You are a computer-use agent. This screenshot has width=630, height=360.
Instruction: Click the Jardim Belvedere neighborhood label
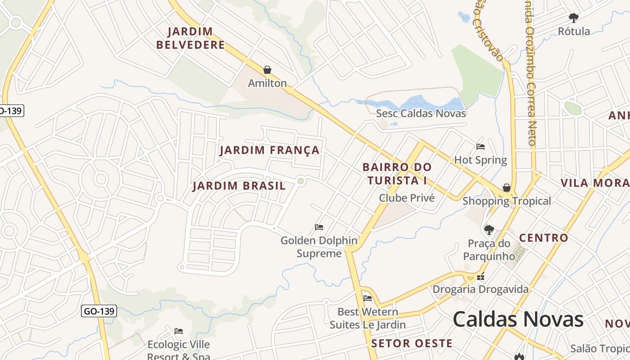pyautogui.click(x=190, y=38)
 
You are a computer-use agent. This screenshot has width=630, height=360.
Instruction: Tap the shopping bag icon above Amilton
pyautogui.click(x=267, y=70)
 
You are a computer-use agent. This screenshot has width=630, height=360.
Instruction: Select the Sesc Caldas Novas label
pyautogui.click(x=421, y=113)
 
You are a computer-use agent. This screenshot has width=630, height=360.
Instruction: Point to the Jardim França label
pyautogui.click(x=270, y=150)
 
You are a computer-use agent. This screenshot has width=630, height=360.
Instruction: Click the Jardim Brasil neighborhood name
pyautogui.click(x=239, y=186)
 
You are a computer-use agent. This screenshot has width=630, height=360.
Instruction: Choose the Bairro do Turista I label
pyautogui.click(x=396, y=174)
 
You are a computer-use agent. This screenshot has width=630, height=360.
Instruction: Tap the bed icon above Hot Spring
pyautogui.click(x=481, y=146)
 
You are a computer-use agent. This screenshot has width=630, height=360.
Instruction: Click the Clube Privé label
pyautogui.click(x=407, y=198)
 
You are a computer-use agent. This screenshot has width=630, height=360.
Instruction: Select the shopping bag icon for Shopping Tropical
pyautogui.click(x=507, y=188)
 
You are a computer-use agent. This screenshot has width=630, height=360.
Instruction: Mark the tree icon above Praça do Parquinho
pyautogui.click(x=489, y=230)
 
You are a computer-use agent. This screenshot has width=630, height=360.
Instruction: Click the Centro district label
pyautogui.click(x=544, y=238)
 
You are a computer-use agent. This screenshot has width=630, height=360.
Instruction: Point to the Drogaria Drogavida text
pyautogui.click(x=480, y=289)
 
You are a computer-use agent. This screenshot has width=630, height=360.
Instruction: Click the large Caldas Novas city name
pyautogui.click(x=518, y=319)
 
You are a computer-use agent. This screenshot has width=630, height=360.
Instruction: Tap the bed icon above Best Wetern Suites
pyautogui.click(x=368, y=298)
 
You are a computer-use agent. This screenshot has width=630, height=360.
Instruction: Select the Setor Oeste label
pyautogui.click(x=412, y=343)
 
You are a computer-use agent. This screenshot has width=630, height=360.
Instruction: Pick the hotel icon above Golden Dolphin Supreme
pyautogui.click(x=319, y=227)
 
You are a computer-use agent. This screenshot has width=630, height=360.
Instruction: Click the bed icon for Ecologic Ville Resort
pyautogui.click(x=179, y=331)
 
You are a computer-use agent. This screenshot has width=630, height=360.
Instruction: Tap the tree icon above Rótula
pyautogui.click(x=573, y=18)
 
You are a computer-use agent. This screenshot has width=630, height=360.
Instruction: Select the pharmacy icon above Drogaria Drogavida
pyautogui.click(x=481, y=277)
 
